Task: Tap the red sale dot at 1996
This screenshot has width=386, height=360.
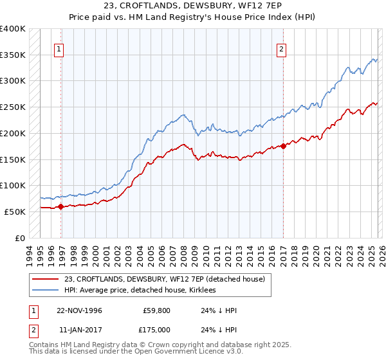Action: (x=61, y=206)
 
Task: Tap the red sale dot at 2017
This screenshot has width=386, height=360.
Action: (x=284, y=146)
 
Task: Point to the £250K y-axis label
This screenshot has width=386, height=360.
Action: (x=13, y=107)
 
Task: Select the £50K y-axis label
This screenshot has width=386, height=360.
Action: (x=15, y=212)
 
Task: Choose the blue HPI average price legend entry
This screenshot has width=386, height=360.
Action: (x=140, y=291)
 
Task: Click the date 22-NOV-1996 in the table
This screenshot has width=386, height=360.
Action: (x=79, y=310)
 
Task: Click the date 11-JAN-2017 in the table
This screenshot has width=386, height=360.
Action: (x=79, y=330)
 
